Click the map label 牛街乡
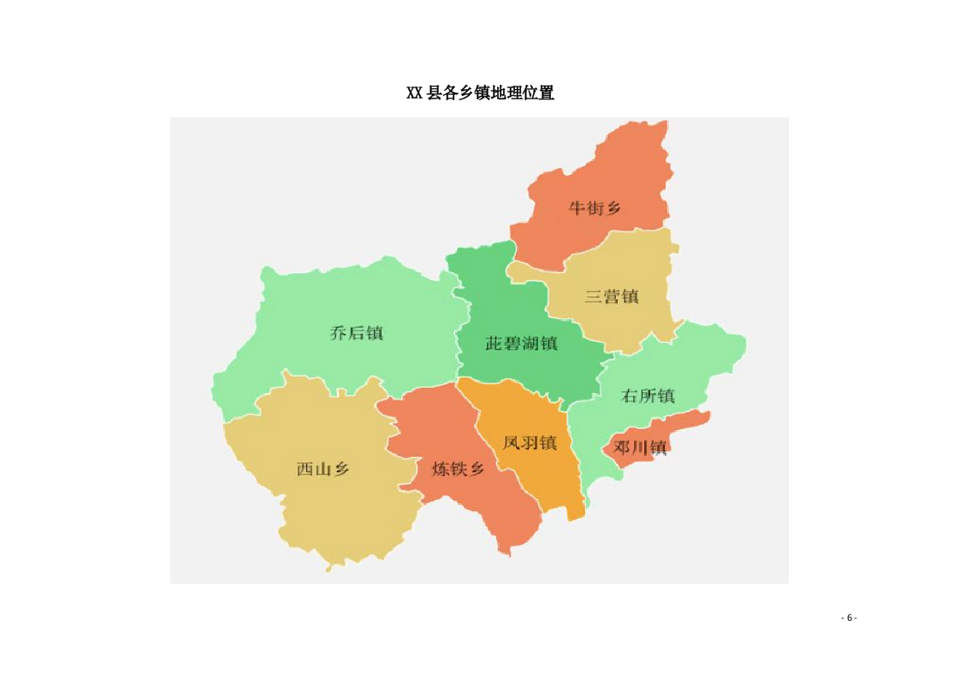(x=595, y=207)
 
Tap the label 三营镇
(x=612, y=297)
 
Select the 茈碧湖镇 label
(x=521, y=343)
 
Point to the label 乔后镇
(x=356, y=333)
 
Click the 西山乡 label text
(x=323, y=468)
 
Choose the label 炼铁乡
(x=458, y=468)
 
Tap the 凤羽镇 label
(x=530, y=443)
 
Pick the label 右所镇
(x=648, y=396)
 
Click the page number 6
(x=850, y=618)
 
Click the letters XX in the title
(x=415, y=93)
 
